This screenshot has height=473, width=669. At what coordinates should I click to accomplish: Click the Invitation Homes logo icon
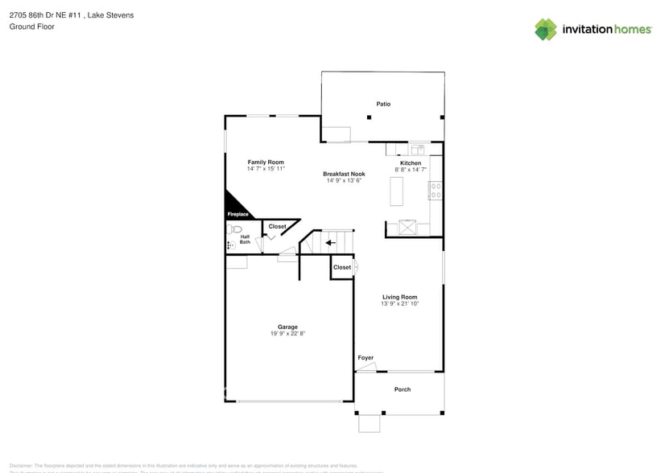click(x=546, y=30)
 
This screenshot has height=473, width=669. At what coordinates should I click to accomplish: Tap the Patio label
click(x=383, y=104)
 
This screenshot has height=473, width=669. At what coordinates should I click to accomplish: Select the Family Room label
click(x=266, y=162)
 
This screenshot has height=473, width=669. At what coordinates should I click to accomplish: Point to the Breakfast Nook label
click(x=344, y=174)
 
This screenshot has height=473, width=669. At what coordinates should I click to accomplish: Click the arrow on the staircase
click(x=330, y=242)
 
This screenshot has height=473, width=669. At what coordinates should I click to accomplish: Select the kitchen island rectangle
click(x=396, y=191)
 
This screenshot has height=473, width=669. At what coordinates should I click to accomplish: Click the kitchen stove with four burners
click(x=436, y=191)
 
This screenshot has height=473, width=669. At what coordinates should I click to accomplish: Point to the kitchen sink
click(x=418, y=149)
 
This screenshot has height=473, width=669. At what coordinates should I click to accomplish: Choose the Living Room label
click(x=399, y=297)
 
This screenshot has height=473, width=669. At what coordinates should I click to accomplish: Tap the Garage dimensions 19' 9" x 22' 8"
click(x=288, y=333)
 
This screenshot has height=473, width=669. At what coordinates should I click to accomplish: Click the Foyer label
click(x=365, y=358)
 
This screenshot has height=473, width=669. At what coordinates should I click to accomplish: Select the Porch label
click(x=403, y=389)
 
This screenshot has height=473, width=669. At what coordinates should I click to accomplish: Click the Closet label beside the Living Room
click(x=342, y=267)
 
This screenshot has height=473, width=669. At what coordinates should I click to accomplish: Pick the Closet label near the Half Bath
click(x=277, y=227)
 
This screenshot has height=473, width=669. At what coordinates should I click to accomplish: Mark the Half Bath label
click(x=245, y=239)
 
